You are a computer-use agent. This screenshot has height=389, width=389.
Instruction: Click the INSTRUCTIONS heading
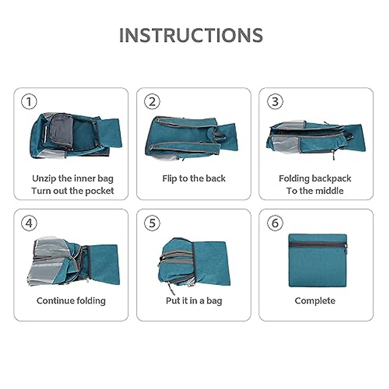tap(191, 35)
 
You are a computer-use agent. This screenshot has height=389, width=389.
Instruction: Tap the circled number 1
tap(29, 101)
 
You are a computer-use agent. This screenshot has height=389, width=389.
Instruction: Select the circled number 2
tap(152, 101)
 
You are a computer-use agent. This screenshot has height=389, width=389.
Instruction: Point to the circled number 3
tap(275, 101)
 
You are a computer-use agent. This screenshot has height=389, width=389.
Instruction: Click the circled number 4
tap(29, 223)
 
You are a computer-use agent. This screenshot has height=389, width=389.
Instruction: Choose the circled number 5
tap(152, 223)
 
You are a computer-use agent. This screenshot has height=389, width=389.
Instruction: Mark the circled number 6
tap(275, 223)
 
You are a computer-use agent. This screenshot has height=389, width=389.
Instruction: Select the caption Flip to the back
tap(194, 179)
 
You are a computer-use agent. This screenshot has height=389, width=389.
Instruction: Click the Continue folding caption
tap(71, 301)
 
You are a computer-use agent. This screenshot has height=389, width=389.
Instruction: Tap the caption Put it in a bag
tap(194, 301)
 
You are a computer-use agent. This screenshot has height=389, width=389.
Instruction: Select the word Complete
tap(315, 301)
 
